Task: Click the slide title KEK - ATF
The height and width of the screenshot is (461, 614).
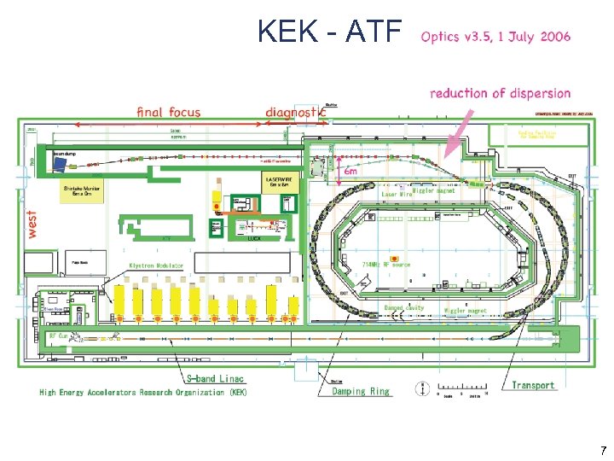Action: pyautogui.click(x=329, y=32)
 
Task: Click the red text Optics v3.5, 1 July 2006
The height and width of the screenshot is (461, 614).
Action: pyautogui.click(x=495, y=37)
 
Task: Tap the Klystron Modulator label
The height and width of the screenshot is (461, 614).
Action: pyautogui.click(x=156, y=266)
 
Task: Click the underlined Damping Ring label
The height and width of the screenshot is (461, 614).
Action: pyautogui.click(x=354, y=392)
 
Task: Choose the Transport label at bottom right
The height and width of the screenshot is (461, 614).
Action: pyautogui.click(x=533, y=385)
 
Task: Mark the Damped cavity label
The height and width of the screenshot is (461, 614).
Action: pyautogui.click(x=403, y=307)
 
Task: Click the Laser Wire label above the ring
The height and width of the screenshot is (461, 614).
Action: pyautogui.click(x=397, y=195)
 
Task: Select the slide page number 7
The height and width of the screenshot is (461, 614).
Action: pyautogui.click(x=603, y=450)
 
